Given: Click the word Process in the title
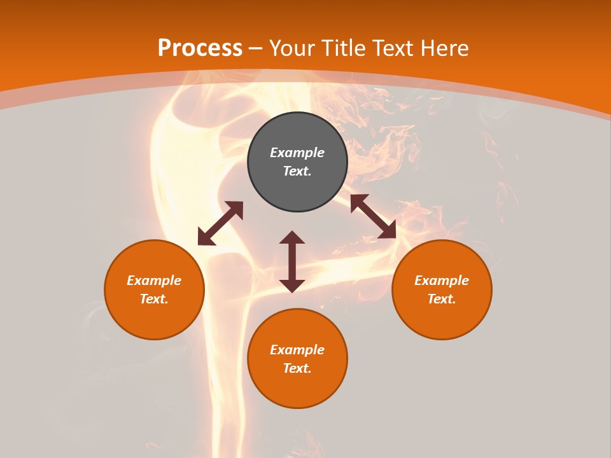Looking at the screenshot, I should (x=200, y=48).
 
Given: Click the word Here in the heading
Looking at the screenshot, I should (x=444, y=48).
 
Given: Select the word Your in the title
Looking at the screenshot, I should (x=293, y=48).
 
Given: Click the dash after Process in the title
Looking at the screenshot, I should (x=256, y=48).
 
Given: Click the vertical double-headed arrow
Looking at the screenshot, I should (x=292, y=261).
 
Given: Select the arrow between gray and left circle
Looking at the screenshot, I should (x=220, y=223).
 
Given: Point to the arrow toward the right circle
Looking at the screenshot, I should (x=374, y=217).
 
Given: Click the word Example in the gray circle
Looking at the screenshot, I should (x=297, y=153).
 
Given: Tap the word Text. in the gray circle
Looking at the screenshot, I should (x=297, y=171).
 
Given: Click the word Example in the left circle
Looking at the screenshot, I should (x=154, y=281).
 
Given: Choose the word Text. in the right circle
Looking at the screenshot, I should (x=442, y=299).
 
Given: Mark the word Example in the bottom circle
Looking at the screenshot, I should (x=297, y=350).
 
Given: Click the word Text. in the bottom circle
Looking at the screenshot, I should (x=297, y=368).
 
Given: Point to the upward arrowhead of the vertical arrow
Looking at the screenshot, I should (x=292, y=237).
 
